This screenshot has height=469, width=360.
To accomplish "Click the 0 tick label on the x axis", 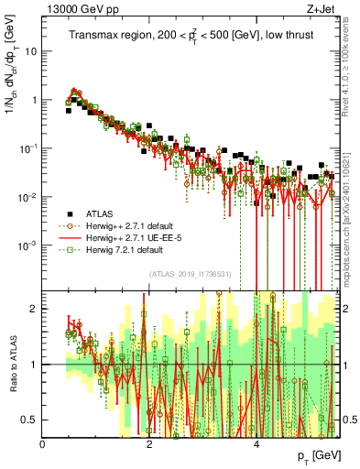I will (43, 444).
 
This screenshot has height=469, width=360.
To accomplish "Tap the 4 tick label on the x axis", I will (256, 444).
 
